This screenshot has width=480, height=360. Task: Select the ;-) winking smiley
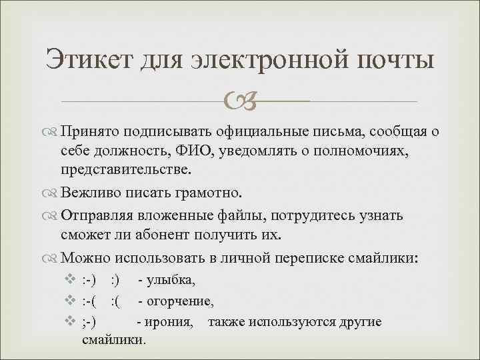tap(89, 323)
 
